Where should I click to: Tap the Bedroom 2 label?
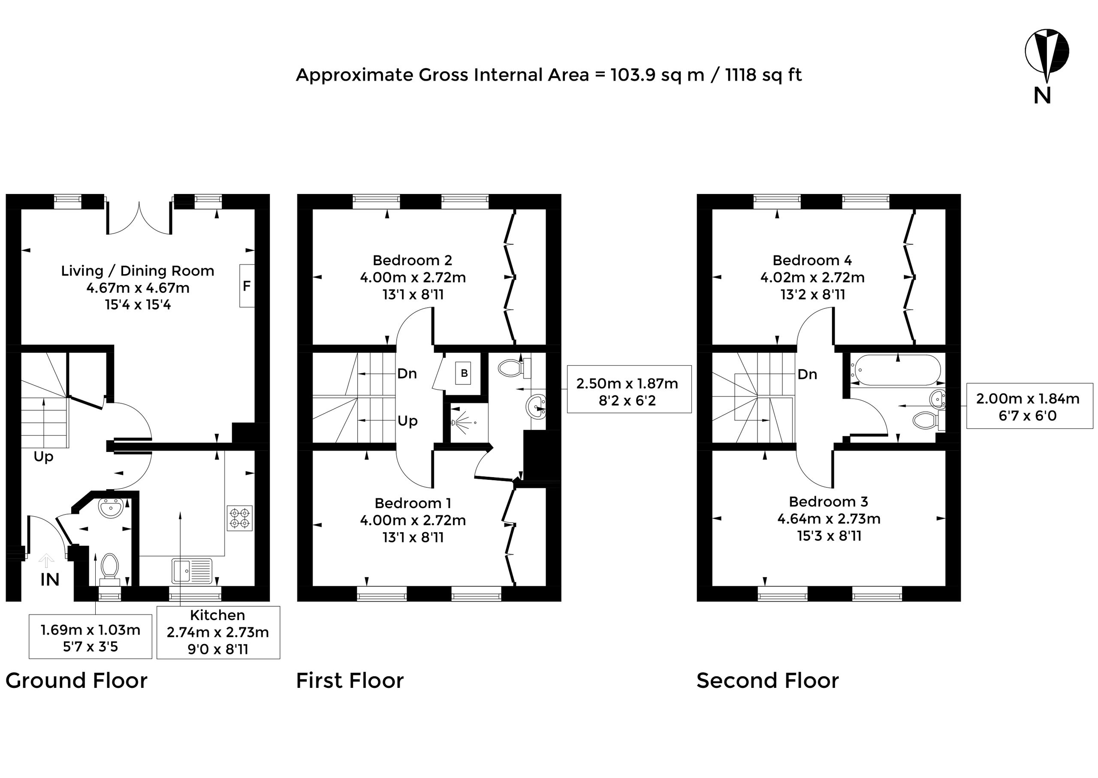[412, 260]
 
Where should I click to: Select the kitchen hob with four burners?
[240, 518]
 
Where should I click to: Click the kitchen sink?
[192, 572]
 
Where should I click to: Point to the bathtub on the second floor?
[895, 370]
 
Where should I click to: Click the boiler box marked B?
[464, 373]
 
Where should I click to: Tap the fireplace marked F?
[247, 286]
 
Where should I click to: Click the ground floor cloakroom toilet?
[110, 569]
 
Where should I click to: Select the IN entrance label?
[50, 580]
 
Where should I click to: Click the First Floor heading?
[350, 681]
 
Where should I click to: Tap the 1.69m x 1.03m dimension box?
[90, 636]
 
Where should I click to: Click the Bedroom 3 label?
[828, 502]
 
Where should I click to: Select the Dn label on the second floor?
[807, 374]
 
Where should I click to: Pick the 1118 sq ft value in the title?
[764, 75]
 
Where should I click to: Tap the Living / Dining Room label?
[137, 271]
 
